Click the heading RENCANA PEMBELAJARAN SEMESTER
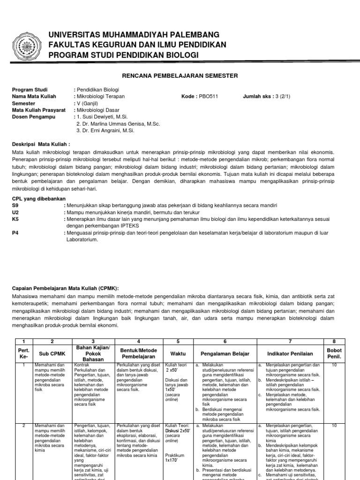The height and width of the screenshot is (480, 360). (180, 75)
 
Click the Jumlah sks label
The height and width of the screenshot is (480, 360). (257, 97)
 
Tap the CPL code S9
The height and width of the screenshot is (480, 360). (15, 205)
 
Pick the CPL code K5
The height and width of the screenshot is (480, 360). (15, 219)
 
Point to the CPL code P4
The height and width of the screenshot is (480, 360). (15, 232)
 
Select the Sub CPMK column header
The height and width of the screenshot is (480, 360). (52, 353)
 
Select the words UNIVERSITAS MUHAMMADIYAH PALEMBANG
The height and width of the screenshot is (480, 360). (127, 35)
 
